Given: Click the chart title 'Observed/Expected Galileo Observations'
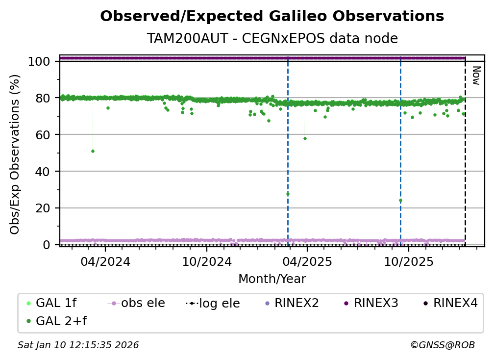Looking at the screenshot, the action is click(x=272, y=16).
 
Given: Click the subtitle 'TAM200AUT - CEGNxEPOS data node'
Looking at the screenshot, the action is click(x=272, y=38).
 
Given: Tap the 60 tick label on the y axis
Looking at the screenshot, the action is click(x=43, y=135).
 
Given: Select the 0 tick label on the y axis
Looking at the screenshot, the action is click(x=46, y=245).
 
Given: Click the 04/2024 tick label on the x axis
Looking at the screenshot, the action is click(x=105, y=261).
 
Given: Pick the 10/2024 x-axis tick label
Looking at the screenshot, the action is click(x=207, y=261).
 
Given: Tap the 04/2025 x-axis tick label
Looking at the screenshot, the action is click(x=307, y=261).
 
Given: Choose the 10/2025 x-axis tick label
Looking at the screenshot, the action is click(x=409, y=261).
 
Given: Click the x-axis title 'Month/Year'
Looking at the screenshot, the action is click(x=272, y=279).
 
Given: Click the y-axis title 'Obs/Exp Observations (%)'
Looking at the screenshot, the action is click(x=15, y=154).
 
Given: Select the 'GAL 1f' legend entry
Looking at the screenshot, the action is click(x=51, y=303).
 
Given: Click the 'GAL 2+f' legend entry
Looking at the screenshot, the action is click(x=57, y=321).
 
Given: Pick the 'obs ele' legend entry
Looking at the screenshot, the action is click(x=136, y=303).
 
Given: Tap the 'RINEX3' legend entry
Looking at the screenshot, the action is click(x=371, y=303).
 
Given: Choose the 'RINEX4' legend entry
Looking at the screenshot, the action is click(x=450, y=303).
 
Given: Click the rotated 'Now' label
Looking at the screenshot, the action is click(x=477, y=76).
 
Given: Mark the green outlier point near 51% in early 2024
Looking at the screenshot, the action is click(x=93, y=152).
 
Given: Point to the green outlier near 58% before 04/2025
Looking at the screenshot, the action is click(x=305, y=139).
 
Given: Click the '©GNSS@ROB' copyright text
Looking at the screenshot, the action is click(x=443, y=345).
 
